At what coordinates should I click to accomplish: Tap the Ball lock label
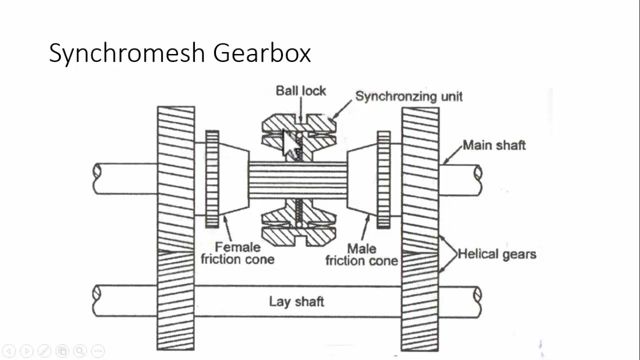pyautogui.click(x=300, y=91)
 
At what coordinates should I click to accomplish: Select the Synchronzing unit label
pyautogui.click(x=408, y=96)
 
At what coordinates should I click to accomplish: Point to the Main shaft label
pyautogui.click(x=494, y=145)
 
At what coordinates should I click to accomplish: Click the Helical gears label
pyautogui.click(x=497, y=254)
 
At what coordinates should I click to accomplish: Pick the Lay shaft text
pyautogui.click(x=296, y=301)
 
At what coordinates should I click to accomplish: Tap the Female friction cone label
pyautogui.click(x=237, y=253)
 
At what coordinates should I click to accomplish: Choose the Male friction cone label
pyautogui.click(x=361, y=254)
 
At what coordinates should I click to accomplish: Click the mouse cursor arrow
pyautogui.click(x=290, y=144)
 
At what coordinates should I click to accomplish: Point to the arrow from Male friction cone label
pyautogui.click(x=365, y=227)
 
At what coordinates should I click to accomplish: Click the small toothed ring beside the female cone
pyautogui.click(x=212, y=179)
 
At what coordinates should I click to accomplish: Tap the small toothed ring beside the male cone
pyautogui.click(x=383, y=179)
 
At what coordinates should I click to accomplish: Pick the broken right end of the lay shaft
pyautogui.click(x=477, y=301)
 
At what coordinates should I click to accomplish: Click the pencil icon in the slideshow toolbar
pyautogui.click(x=44, y=351)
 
